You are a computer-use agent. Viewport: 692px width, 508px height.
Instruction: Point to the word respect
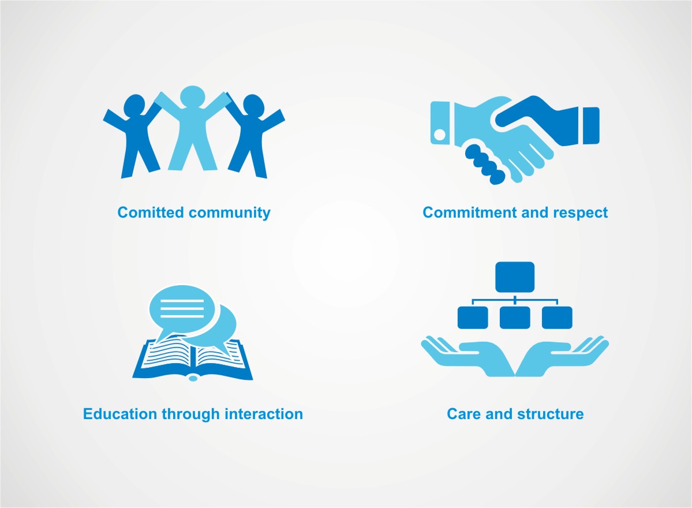[x=580, y=212]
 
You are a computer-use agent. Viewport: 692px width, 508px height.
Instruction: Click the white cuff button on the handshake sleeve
[x=439, y=135]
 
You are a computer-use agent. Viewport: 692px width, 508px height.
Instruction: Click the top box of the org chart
[x=515, y=277]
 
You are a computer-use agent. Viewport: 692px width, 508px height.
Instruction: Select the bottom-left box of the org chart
[x=473, y=317]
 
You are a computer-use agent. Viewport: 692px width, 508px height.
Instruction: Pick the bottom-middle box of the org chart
[x=515, y=317]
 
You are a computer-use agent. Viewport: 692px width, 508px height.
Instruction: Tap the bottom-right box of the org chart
[x=557, y=317]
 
